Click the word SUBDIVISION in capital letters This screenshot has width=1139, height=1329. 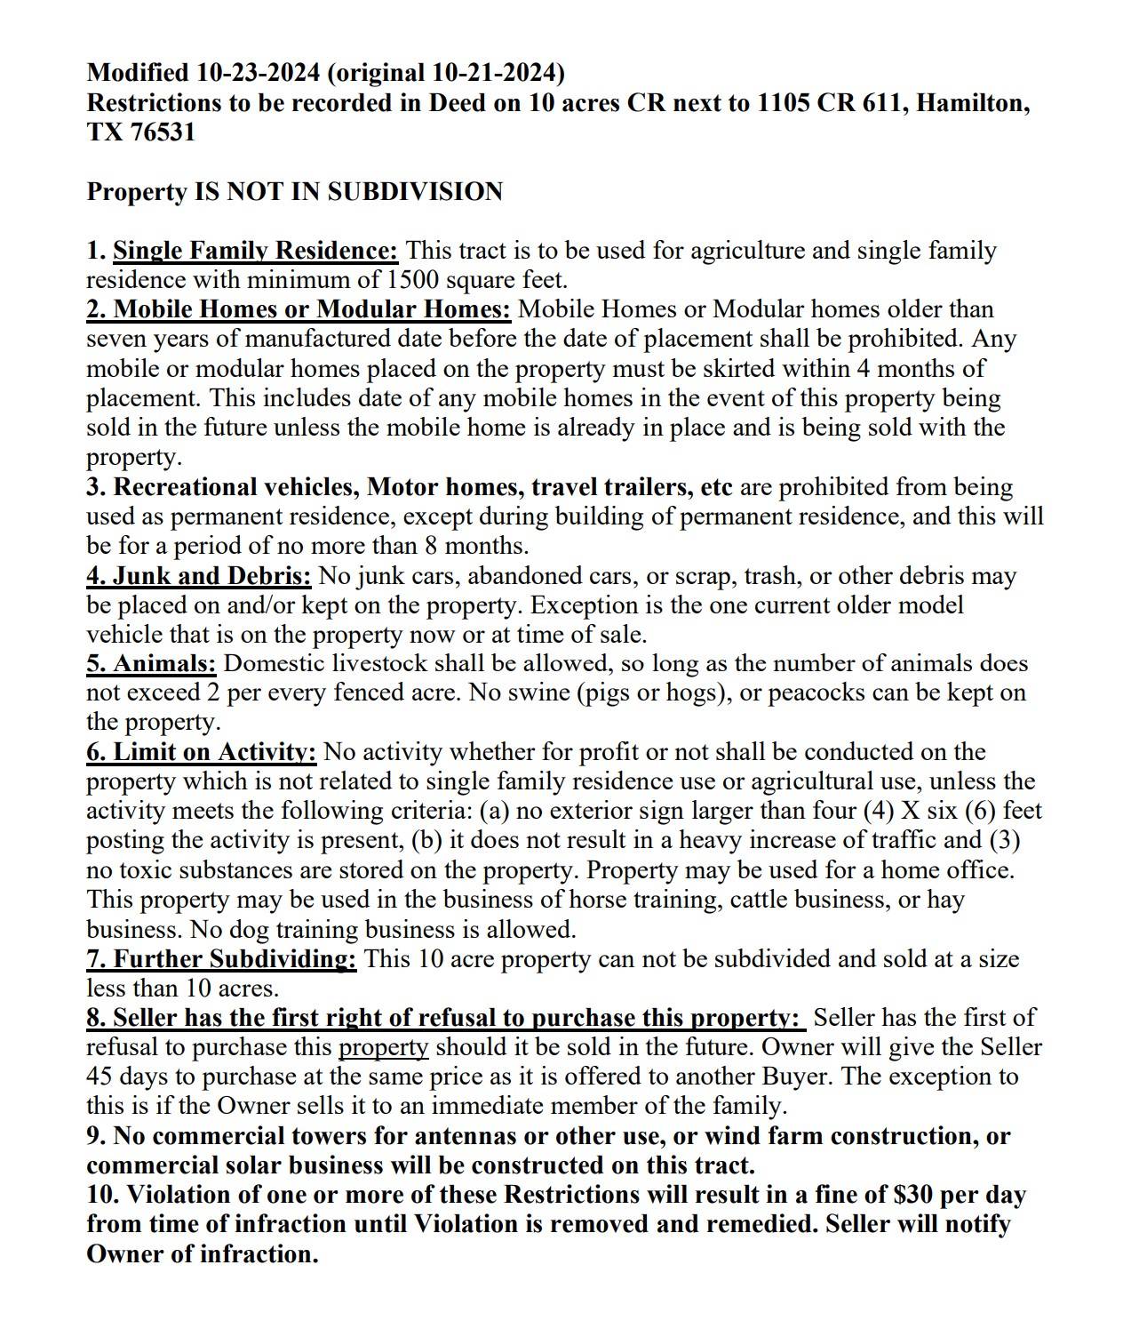point(415,192)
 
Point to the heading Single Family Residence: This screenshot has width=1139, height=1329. point(255,251)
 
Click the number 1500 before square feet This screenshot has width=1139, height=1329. point(412,280)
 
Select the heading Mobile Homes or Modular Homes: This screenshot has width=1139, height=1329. point(299,309)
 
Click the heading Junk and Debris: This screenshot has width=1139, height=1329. point(198,575)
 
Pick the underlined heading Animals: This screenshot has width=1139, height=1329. point(151,663)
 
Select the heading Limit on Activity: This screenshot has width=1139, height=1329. point(201,752)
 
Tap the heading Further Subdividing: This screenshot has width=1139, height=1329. point(221,958)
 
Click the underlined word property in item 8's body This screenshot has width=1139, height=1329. point(383,1047)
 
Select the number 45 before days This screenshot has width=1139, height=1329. point(99,1077)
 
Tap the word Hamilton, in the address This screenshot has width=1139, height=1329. point(973,103)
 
